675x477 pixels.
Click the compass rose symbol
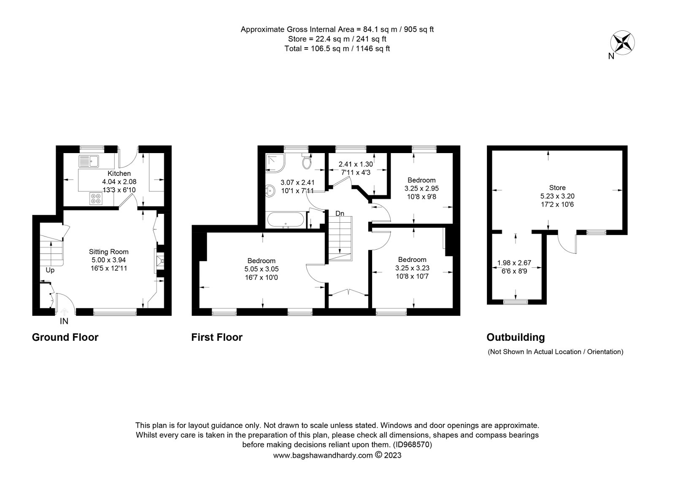coord(622,43)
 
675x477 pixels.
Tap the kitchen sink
coord(89,161)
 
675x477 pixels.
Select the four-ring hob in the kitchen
coord(96,199)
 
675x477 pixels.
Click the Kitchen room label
coord(119,173)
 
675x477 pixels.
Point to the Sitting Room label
coord(108,252)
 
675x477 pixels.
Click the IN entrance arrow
coord(64,312)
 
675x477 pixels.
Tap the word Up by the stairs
coord(50,270)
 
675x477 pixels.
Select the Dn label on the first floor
coord(340,213)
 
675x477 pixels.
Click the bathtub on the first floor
coord(286,219)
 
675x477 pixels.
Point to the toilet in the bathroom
coord(307,162)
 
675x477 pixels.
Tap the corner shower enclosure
coord(275,163)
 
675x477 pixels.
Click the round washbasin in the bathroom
coord(270,191)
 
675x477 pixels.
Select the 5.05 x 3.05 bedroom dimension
coord(262,269)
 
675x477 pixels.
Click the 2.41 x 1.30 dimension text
coord(356,164)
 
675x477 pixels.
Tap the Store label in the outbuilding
coord(557,188)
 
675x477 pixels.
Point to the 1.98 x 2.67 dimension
coord(514,263)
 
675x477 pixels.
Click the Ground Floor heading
coord(65,337)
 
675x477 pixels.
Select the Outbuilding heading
coord(516,337)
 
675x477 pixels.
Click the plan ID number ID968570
coord(412,445)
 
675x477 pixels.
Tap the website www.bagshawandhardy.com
coord(323,455)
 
